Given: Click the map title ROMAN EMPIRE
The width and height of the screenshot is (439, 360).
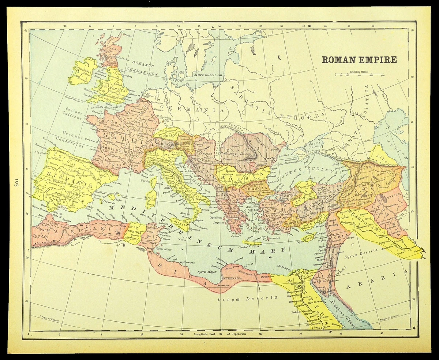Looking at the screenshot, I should pyautogui.click(x=359, y=59).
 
